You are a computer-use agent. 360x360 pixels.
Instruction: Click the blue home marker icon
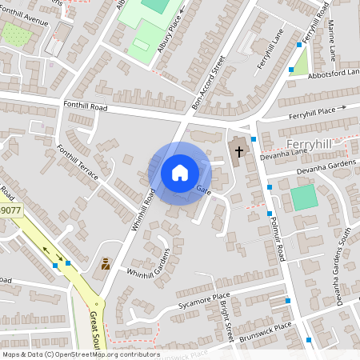[180, 173]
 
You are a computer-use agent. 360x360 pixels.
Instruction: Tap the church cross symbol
[238, 152]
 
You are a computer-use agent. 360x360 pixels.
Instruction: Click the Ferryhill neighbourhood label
[308, 143]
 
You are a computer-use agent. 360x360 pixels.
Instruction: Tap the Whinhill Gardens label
[150, 266]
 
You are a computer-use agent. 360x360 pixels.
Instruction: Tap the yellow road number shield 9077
[10, 211]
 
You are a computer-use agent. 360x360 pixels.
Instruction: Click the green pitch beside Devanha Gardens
[303, 198]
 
